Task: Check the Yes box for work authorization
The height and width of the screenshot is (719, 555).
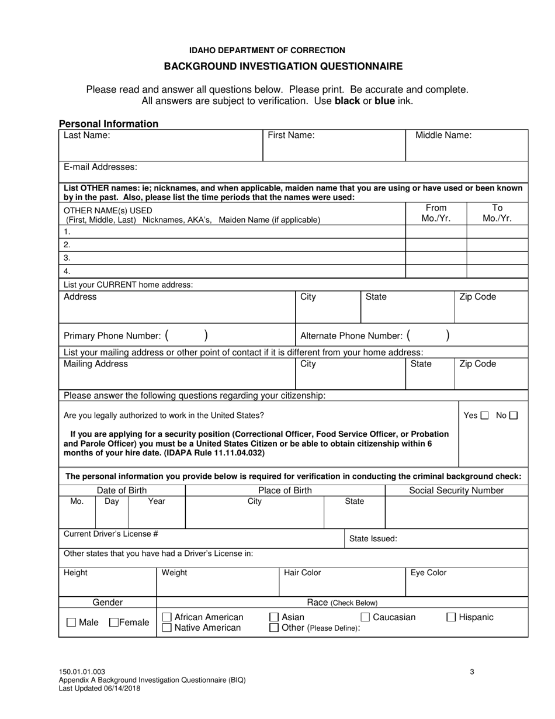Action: [484, 416]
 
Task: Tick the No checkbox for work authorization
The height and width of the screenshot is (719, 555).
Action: [513, 416]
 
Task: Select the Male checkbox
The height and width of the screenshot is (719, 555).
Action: [71, 623]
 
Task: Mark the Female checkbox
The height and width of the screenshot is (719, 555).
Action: [115, 623]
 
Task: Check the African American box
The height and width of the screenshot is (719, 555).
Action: [166, 617]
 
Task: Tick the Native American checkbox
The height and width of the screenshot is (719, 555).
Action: [166, 628]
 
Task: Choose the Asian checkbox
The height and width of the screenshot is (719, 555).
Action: [273, 617]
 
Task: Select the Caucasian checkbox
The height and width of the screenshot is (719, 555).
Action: [365, 617]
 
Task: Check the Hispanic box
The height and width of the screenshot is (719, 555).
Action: [452, 617]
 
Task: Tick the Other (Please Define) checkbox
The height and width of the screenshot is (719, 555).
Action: [273, 628]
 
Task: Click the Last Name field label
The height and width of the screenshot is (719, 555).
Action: [87, 135]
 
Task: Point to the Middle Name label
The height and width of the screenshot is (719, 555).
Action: [443, 135]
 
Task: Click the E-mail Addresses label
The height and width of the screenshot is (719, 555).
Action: [100, 167]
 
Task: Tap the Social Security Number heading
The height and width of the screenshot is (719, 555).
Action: [456, 490]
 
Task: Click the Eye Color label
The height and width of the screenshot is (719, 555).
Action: [428, 573]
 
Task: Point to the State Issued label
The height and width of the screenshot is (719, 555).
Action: [373, 539]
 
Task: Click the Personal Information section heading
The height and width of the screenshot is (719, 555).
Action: [109, 123]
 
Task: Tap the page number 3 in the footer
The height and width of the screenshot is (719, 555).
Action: [471, 672]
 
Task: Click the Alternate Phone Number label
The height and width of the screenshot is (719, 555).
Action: [351, 336]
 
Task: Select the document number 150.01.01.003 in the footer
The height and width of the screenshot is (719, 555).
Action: [82, 672]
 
